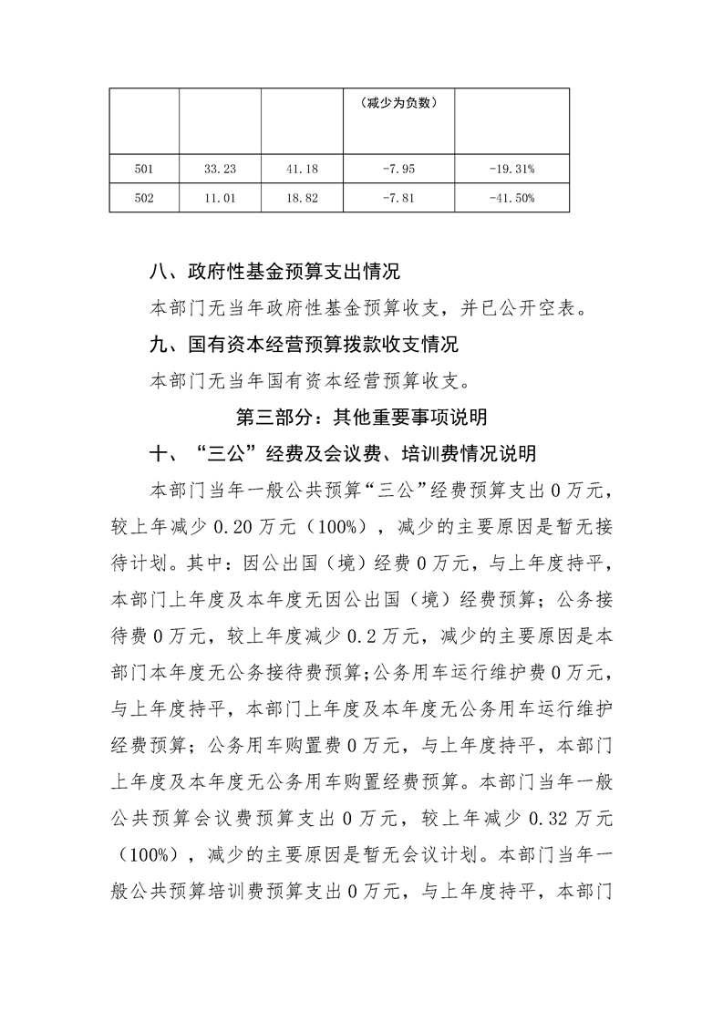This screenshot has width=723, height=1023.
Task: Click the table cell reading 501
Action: [144, 169]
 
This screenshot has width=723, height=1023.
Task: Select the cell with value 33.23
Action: [221, 169]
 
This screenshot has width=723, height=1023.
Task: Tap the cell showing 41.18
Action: [302, 169]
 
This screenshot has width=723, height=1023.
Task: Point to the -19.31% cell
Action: [511, 169]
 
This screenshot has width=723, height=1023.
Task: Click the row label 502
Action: [144, 198]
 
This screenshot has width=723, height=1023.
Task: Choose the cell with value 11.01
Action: [221, 198]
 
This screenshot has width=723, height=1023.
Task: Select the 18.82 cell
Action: [302, 198]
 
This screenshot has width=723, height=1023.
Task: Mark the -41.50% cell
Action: [511, 198]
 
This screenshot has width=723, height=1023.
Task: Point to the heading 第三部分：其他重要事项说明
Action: [361, 418]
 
